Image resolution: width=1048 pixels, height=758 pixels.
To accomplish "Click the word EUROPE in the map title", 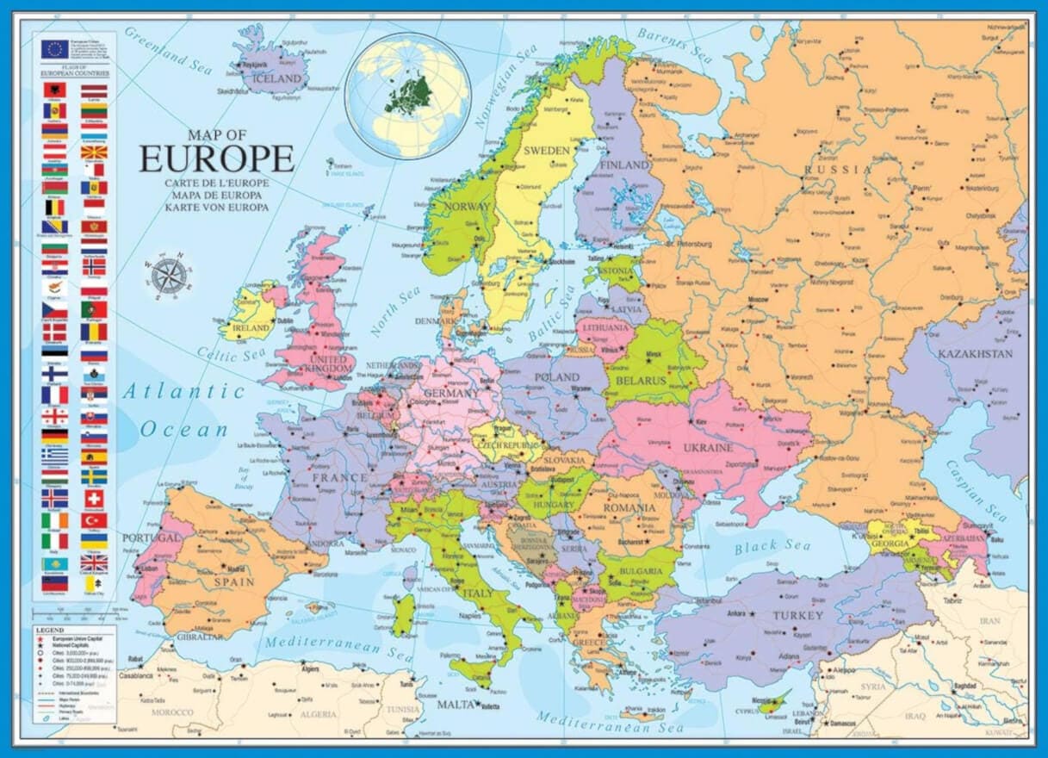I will [217, 158].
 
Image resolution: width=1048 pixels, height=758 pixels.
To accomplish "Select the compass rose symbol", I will [168, 273].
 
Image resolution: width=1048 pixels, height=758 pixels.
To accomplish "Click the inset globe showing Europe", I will [407, 95].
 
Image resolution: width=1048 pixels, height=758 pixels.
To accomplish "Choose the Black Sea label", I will [767, 545].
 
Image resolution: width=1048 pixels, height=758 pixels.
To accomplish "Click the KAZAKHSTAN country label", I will [977, 353].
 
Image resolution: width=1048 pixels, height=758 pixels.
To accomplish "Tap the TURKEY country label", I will [797, 615].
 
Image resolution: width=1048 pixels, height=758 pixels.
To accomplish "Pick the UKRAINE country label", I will [708, 448].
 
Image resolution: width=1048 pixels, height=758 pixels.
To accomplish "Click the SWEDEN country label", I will [547, 150].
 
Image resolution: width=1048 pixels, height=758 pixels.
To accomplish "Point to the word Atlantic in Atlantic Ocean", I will [183, 391].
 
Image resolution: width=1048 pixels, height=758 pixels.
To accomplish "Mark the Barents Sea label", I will [674, 44].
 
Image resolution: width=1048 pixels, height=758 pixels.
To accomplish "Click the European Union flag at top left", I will [54, 48].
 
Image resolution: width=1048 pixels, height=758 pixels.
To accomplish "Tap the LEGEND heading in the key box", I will [49, 630].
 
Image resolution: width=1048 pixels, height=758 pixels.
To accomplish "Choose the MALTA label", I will [456, 705].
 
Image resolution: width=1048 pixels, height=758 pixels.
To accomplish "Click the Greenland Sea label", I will [168, 48].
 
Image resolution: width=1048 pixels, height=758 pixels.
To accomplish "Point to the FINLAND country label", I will [624, 165].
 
